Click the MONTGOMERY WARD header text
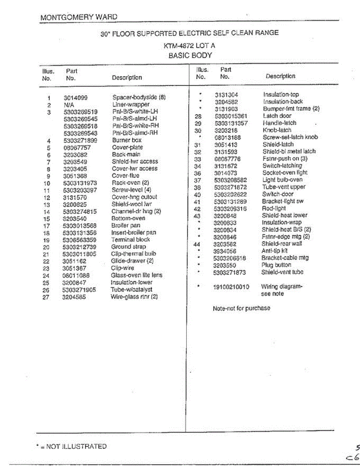click(x=78, y=17)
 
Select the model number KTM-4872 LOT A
click(x=190, y=45)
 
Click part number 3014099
click(x=76, y=98)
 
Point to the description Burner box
click(x=127, y=140)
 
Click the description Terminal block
click(x=130, y=240)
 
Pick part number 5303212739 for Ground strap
click(x=79, y=247)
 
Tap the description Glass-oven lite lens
click(x=136, y=275)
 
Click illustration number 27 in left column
click(x=46, y=297)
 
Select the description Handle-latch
click(x=279, y=123)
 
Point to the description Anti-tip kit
click(x=274, y=251)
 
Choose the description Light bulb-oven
click(x=282, y=180)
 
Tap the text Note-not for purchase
click(x=241, y=308)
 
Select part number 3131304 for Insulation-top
click(x=226, y=95)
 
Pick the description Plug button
click(x=276, y=265)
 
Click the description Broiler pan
click(x=126, y=225)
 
